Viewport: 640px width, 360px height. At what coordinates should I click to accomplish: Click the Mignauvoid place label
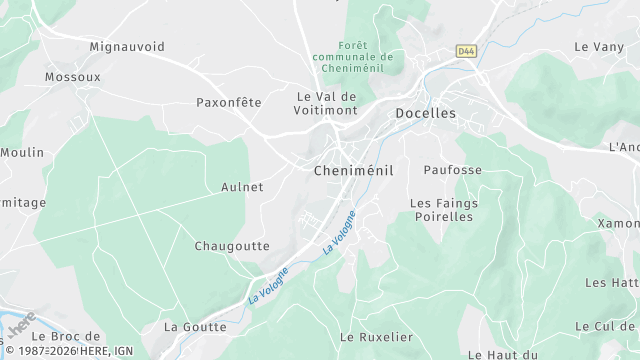(127, 47)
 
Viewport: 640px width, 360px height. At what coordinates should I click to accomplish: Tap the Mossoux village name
(72, 76)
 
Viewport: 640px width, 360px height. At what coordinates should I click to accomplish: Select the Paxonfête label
(228, 102)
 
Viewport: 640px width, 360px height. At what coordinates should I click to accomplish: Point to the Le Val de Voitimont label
(326, 104)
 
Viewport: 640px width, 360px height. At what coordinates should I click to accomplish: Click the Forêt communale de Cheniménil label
(352, 57)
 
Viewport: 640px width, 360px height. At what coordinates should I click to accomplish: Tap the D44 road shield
(465, 50)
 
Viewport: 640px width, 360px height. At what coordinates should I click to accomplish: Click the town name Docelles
(425, 114)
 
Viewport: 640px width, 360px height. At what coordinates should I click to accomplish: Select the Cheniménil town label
(354, 171)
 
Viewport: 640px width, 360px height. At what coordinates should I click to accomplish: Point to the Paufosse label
(452, 170)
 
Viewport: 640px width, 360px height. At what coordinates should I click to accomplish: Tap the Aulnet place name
(242, 187)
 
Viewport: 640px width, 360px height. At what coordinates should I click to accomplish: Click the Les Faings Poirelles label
(443, 210)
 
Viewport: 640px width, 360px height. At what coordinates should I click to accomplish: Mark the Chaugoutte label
(232, 246)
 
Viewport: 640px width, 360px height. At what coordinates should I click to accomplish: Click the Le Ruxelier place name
(376, 337)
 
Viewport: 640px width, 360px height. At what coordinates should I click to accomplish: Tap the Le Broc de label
(73, 336)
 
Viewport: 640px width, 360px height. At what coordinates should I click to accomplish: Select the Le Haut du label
(503, 354)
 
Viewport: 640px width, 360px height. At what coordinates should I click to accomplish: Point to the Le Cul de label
(606, 327)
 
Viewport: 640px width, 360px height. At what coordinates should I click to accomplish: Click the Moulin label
(22, 153)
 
